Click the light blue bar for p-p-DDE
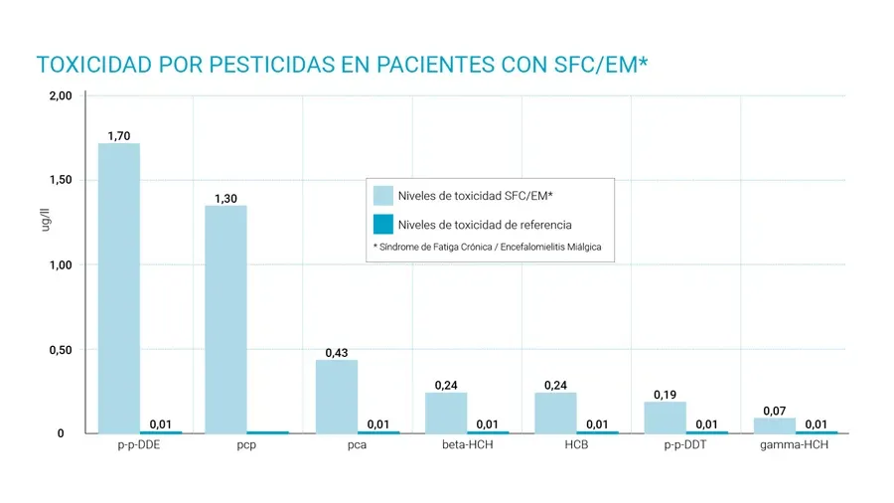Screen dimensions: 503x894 [118, 288]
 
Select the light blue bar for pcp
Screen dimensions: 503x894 [225, 319]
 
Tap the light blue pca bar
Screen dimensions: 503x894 [336, 396]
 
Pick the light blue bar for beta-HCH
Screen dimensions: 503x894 [446, 413]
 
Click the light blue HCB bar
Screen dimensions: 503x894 [555, 413]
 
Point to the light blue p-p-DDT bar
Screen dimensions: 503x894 [665, 417]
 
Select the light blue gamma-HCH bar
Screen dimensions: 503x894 [774, 424]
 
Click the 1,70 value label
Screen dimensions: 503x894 [119, 135]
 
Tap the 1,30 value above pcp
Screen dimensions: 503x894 [225, 199]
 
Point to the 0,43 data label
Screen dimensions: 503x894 [336, 353]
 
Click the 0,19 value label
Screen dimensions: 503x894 [666, 395]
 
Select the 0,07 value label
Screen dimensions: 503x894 [774, 411]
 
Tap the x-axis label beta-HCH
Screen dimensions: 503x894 [467, 444]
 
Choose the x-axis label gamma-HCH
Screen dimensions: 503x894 [794, 444]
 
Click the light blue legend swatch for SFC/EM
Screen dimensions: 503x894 [382, 196]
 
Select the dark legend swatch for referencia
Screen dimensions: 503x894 [382, 225]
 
